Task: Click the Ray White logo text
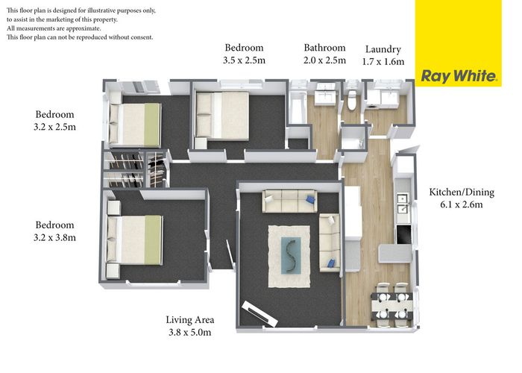pyautogui.click(x=459, y=76)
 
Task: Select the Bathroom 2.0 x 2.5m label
pyautogui.click(x=324, y=54)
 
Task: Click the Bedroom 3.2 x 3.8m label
pyautogui.click(x=54, y=231)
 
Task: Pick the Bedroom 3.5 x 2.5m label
pyautogui.click(x=244, y=54)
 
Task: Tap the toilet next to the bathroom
pyautogui.click(x=351, y=99)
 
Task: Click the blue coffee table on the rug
pyautogui.click(x=291, y=255)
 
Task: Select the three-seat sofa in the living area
pyautogui.click(x=289, y=201)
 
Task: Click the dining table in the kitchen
pyautogui.click(x=392, y=305)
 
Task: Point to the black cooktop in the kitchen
pyautogui.click(x=403, y=234)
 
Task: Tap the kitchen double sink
pyautogui.click(x=403, y=204)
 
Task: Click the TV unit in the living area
pyautogui.click(x=260, y=314)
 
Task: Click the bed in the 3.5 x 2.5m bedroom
pyautogui.click(x=222, y=115)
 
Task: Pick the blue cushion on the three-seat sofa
pyautogui.click(x=310, y=199)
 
